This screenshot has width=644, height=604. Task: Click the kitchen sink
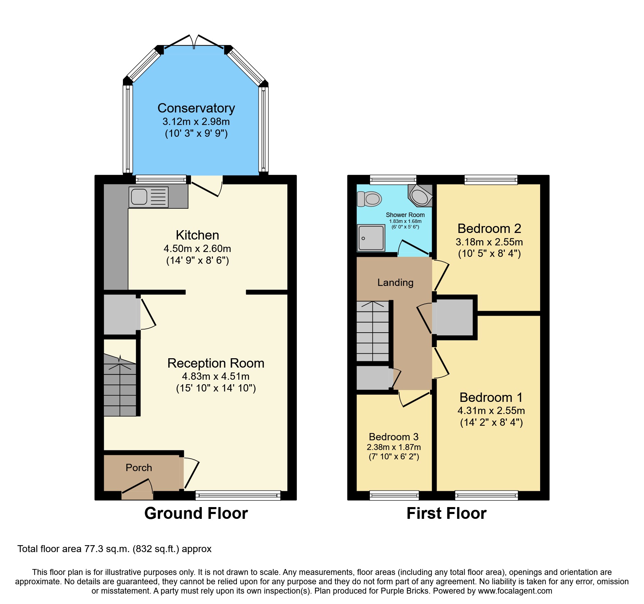(148, 197)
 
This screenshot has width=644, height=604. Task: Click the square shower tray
(371, 238)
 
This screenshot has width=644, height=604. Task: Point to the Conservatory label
(196, 108)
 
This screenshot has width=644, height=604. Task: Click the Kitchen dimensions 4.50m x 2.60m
(197, 249)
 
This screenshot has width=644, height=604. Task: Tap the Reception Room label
(216, 363)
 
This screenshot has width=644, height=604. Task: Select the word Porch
(139, 468)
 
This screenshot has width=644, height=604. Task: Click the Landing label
(395, 283)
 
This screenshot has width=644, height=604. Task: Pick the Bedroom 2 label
(489, 228)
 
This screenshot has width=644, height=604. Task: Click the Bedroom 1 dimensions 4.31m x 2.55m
(491, 411)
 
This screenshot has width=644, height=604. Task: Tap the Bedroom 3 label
(393, 437)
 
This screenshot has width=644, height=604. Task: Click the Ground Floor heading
(196, 513)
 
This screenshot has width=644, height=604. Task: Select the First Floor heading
(446, 513)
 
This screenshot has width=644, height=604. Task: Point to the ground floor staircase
(120, 388)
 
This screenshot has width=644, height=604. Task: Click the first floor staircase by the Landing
(373, 332)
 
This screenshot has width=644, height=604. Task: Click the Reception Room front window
(238, 495)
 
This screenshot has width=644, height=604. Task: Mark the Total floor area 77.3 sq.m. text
(114, 549)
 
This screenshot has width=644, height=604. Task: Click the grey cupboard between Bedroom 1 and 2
(454, 317)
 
